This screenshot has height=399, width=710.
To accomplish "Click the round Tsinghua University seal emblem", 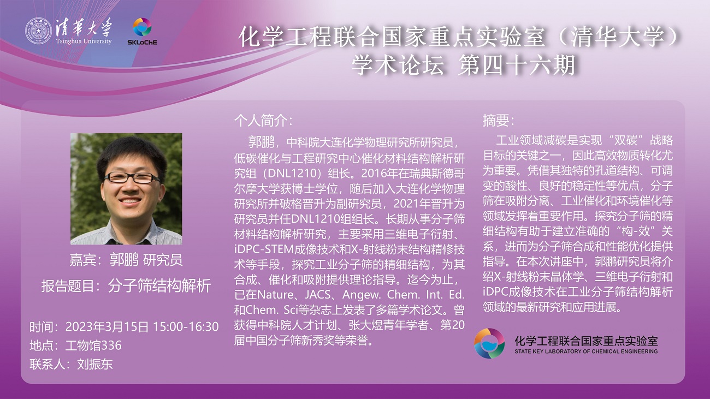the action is click(x=38, y=31).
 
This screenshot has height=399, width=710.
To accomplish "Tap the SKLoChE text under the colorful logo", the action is click(x=142, y=42).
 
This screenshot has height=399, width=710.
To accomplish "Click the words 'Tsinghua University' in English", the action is click(x=84, y=41).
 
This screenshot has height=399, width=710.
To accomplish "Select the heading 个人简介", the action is click(x=263, y=121).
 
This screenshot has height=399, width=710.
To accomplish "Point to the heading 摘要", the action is click(x=498, y=121).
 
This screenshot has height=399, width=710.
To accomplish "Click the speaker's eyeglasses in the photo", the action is click(x=132, y=177).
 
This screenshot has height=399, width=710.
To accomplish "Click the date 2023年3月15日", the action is click(x=107, y=327).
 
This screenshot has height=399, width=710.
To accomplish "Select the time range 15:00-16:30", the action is click(x=186, y=327).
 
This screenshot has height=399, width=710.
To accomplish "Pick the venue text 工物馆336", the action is click(x=93, y=346).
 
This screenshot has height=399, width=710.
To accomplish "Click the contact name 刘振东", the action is click(x=95, y=364).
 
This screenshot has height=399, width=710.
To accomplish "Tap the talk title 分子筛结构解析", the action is click(x=159, y=286).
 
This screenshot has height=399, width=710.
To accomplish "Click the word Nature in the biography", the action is click(x=275, y=295).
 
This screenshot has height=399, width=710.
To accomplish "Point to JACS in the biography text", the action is click(x=318, y=295).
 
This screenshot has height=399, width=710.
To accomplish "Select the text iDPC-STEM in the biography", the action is click(x=264, y=249).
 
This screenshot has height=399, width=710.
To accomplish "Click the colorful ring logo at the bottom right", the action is click(x=489, y=343).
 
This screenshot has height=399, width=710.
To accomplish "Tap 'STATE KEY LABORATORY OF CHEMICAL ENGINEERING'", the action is click(x=586, y=351).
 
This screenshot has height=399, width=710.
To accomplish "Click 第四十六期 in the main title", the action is click(x=516, y=65).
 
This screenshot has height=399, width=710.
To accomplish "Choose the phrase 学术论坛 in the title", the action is click(x=398, y=65).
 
